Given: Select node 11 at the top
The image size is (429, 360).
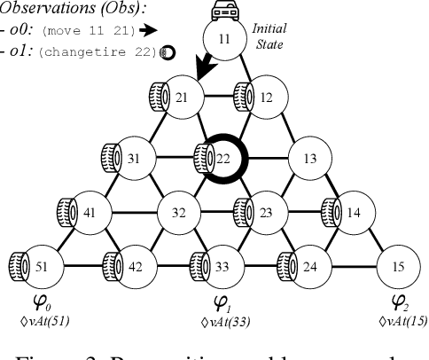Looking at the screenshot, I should click(x=223, y=40).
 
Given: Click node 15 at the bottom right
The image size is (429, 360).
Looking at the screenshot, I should click(x=397, y=265).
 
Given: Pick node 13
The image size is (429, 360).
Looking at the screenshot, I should click(x=309, y=159).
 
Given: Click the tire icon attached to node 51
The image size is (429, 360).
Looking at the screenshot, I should click(x=16, y=264).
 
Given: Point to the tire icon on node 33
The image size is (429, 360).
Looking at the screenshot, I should click(x=199, y=264).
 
